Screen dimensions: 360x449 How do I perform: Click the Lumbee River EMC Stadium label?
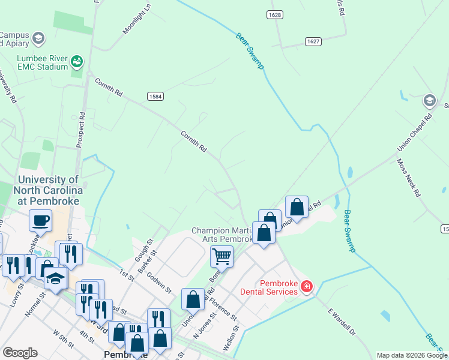(x=34, y=62)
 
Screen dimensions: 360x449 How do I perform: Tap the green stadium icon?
(x=76, y=61)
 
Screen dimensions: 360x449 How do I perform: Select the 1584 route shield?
(x=155, y=96)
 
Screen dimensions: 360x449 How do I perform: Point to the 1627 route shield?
(x=313, y=41)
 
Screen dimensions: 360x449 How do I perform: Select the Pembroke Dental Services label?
(x=279, y=287)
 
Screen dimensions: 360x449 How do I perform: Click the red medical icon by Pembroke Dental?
(x=307, y=287)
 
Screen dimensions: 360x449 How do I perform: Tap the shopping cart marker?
(x=221, y=256)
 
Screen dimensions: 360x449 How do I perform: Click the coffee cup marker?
(x=40, y=220)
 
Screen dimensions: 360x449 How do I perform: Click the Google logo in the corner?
(x=20, y=353)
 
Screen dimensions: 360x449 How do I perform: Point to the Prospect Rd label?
(x=79, y=128)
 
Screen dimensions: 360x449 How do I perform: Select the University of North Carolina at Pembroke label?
(x=48, y=190)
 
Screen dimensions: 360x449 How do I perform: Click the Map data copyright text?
(x=412, y=355)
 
